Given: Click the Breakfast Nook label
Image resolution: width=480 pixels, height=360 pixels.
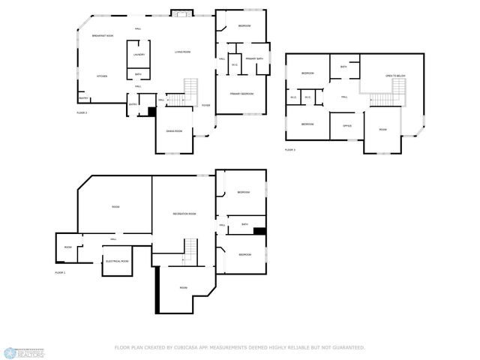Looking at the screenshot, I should pos(103,36).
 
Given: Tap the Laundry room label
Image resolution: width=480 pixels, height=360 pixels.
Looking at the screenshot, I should pos(139,55).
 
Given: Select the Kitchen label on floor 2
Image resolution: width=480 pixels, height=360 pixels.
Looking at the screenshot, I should pos(103,76).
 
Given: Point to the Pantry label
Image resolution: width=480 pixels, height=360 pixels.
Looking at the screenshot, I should pos(83,97).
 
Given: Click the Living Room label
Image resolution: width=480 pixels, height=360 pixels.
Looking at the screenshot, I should pos(182,52).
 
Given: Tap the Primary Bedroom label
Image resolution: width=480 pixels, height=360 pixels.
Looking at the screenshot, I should pos(241,94).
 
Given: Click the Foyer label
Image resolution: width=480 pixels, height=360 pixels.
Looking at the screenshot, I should pos(205,106).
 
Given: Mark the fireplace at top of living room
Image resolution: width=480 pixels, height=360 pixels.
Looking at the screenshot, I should pos(180,12).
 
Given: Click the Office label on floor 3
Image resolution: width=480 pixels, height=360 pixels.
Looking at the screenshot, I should pos(346,125).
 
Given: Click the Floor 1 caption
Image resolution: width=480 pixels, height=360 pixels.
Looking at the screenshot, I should pos(61,272).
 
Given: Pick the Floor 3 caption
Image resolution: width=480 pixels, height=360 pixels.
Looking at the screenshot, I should pos(290,150).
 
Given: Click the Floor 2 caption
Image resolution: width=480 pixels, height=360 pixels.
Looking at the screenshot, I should pos(82,112).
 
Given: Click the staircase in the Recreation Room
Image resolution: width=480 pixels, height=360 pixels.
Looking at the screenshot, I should pos(193,249).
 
